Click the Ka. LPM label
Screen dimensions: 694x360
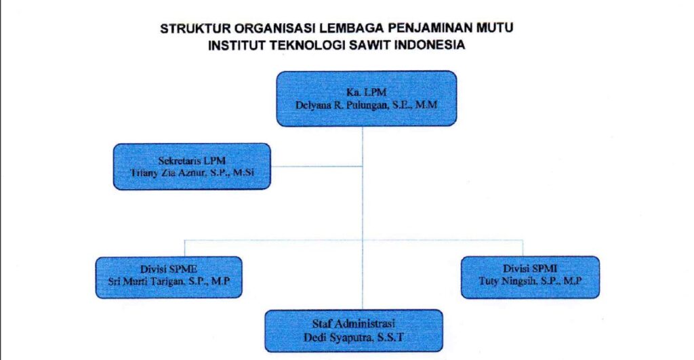[367, 92]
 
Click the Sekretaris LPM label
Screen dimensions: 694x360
[192, 161]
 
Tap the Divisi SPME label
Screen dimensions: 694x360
[169, 268]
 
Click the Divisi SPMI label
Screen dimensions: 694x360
[530, 268]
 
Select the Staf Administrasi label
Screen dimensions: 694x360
[354, 323]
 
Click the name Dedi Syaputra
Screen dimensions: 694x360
[338, 338]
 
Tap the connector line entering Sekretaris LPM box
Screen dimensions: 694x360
[317, 167]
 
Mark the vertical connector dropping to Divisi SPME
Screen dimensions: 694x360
[184, 248]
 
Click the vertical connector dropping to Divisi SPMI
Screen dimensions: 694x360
[523, 248]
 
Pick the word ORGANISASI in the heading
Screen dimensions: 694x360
[275, 28]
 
